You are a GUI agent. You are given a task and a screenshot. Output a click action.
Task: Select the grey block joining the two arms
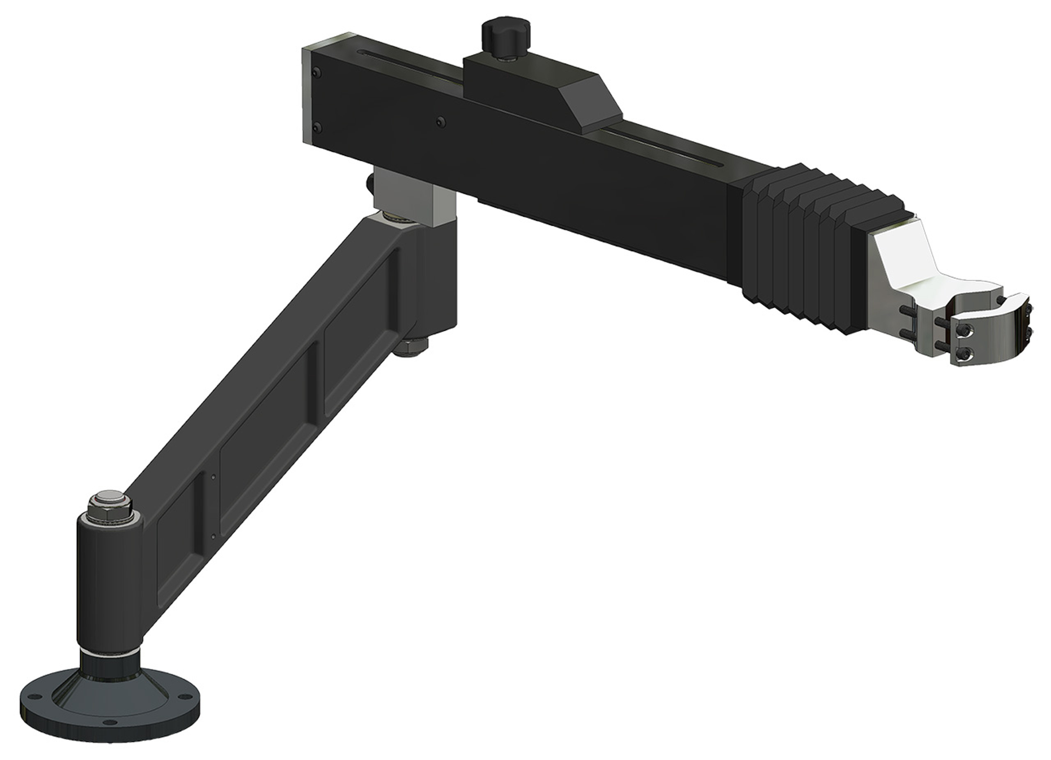413,197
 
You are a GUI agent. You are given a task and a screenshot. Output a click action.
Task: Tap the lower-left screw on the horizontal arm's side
317,126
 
